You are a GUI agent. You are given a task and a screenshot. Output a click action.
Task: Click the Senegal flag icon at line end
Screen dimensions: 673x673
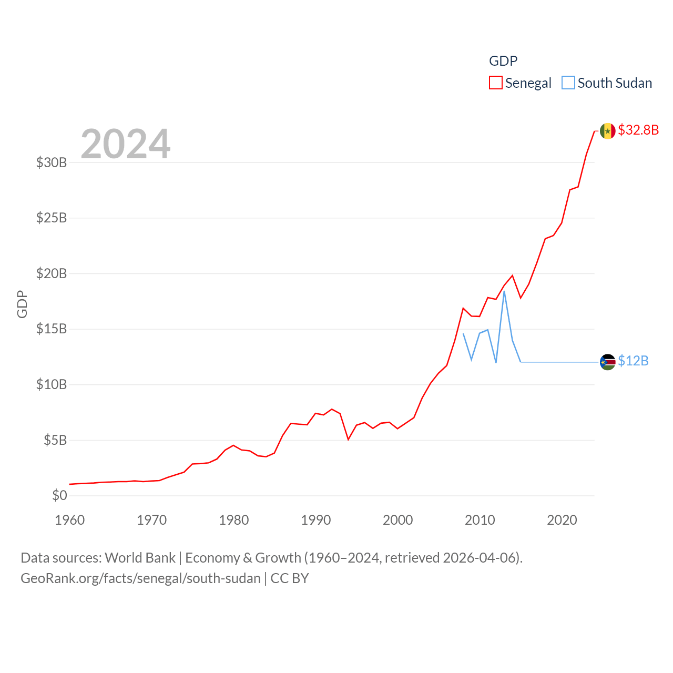[607, 131]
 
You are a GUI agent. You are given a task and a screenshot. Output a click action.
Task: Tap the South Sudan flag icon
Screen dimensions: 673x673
[607, 362]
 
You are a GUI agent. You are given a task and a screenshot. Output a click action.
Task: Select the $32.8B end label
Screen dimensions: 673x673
[638, 130]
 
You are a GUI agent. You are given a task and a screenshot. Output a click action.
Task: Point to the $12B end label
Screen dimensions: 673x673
[633, 361]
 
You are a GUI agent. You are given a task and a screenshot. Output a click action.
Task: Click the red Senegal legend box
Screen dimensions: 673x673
[495, 83]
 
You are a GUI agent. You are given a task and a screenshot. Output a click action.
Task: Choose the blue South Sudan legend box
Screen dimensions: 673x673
[568, 83]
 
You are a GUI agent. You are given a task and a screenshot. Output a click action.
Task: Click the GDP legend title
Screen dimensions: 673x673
[503, 61]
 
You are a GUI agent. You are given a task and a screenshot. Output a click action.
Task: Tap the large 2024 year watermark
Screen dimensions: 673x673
[126, 144]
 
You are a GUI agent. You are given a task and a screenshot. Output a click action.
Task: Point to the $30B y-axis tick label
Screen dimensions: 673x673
[52, 162]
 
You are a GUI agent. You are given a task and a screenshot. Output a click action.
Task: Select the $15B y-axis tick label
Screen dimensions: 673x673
[52, 329]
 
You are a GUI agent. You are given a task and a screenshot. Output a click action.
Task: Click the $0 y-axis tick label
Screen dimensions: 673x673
[59, 495]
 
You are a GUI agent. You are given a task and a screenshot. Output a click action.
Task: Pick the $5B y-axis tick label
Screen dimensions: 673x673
[55, 440]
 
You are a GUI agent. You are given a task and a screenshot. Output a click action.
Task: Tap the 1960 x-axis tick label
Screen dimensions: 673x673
[70, 520]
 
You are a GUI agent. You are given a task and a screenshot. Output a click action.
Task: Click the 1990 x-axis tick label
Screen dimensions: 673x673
[316, 520]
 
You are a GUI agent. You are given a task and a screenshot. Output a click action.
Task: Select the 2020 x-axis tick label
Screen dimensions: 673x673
[562, 520]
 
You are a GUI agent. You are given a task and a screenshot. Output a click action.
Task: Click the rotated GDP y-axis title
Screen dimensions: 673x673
[22, 304]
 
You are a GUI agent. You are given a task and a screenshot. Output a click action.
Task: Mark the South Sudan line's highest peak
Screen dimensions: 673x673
[504, 291]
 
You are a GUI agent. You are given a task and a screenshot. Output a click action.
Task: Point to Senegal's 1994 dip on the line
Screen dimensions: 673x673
[348, 439]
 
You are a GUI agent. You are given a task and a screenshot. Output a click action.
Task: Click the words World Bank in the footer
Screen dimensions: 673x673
[140, 557]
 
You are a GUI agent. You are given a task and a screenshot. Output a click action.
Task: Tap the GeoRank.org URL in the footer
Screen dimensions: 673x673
[140, 578]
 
